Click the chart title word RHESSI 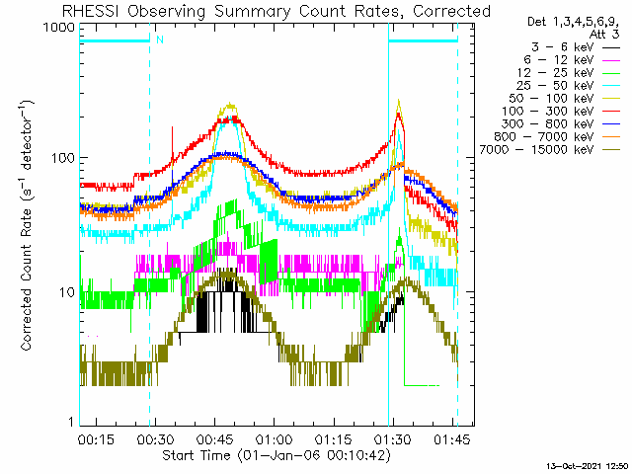coord(91,11)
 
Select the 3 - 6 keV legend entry coord(576,47)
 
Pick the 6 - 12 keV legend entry coord(572,60)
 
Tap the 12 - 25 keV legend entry coord(569,73)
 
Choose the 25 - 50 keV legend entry coord(569,86)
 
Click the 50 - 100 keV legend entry coord(565,99)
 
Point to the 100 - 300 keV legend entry coord(561,112)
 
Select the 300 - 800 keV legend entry coord(561,124)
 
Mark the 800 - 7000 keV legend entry coord(557,137)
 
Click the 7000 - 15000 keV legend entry coord(550,150)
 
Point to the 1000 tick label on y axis coord(59,28)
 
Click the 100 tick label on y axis coord(63,158)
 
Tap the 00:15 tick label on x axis coord(96,439)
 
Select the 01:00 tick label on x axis coord(275,439)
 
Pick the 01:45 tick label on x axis coord(452,439)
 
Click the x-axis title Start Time coord(197,455)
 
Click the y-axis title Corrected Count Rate coord(27,279)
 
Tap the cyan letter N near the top coord(160,39)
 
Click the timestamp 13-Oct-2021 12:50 coord(588,466)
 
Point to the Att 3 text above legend coord(604,35)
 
